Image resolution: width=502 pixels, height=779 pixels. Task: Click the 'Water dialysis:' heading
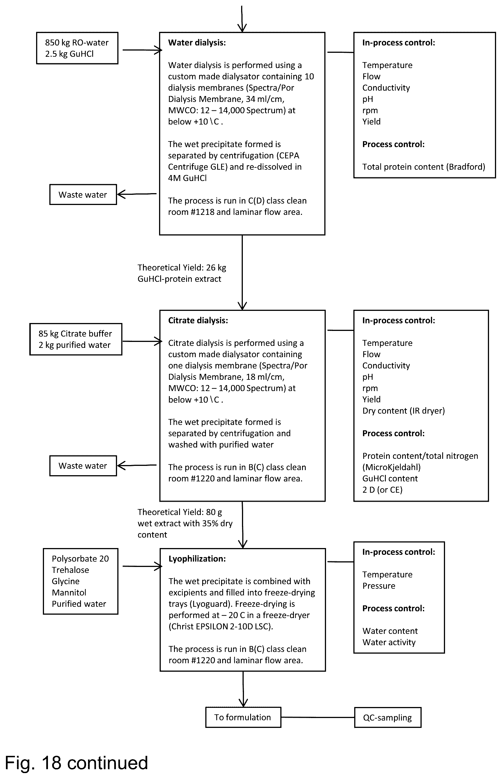[x=197, y=43]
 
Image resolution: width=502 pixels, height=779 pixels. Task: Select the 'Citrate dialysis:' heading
[x=198, y=320]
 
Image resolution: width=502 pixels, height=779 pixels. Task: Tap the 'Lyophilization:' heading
[x=197, y=559]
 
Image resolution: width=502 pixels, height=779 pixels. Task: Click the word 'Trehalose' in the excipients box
[x=71, y=570]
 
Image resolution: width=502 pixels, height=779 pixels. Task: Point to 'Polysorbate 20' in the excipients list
[x=80, y=559]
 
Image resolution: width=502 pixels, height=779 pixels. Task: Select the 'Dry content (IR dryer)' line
[x=404, y=411]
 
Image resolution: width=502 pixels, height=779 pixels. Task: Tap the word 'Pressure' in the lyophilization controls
[x=379, y=586]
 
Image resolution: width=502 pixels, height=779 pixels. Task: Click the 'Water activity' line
[x=389, y=642]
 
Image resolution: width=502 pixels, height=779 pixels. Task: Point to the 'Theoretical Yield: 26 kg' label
[x=182, y=268]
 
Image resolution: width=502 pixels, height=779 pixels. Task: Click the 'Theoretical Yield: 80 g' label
[x=180, y=512]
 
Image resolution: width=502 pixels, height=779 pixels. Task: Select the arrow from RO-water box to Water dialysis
[x=142, y=50]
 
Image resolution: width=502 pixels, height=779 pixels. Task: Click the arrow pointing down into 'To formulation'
[x=243, y=689]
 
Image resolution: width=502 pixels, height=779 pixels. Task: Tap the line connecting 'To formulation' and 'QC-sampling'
[x=318, y=717]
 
